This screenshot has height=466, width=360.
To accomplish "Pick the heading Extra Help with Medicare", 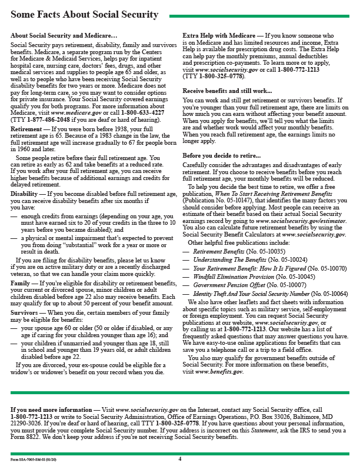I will click(219, 36).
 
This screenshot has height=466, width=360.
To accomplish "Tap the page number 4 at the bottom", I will click(180, 458).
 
